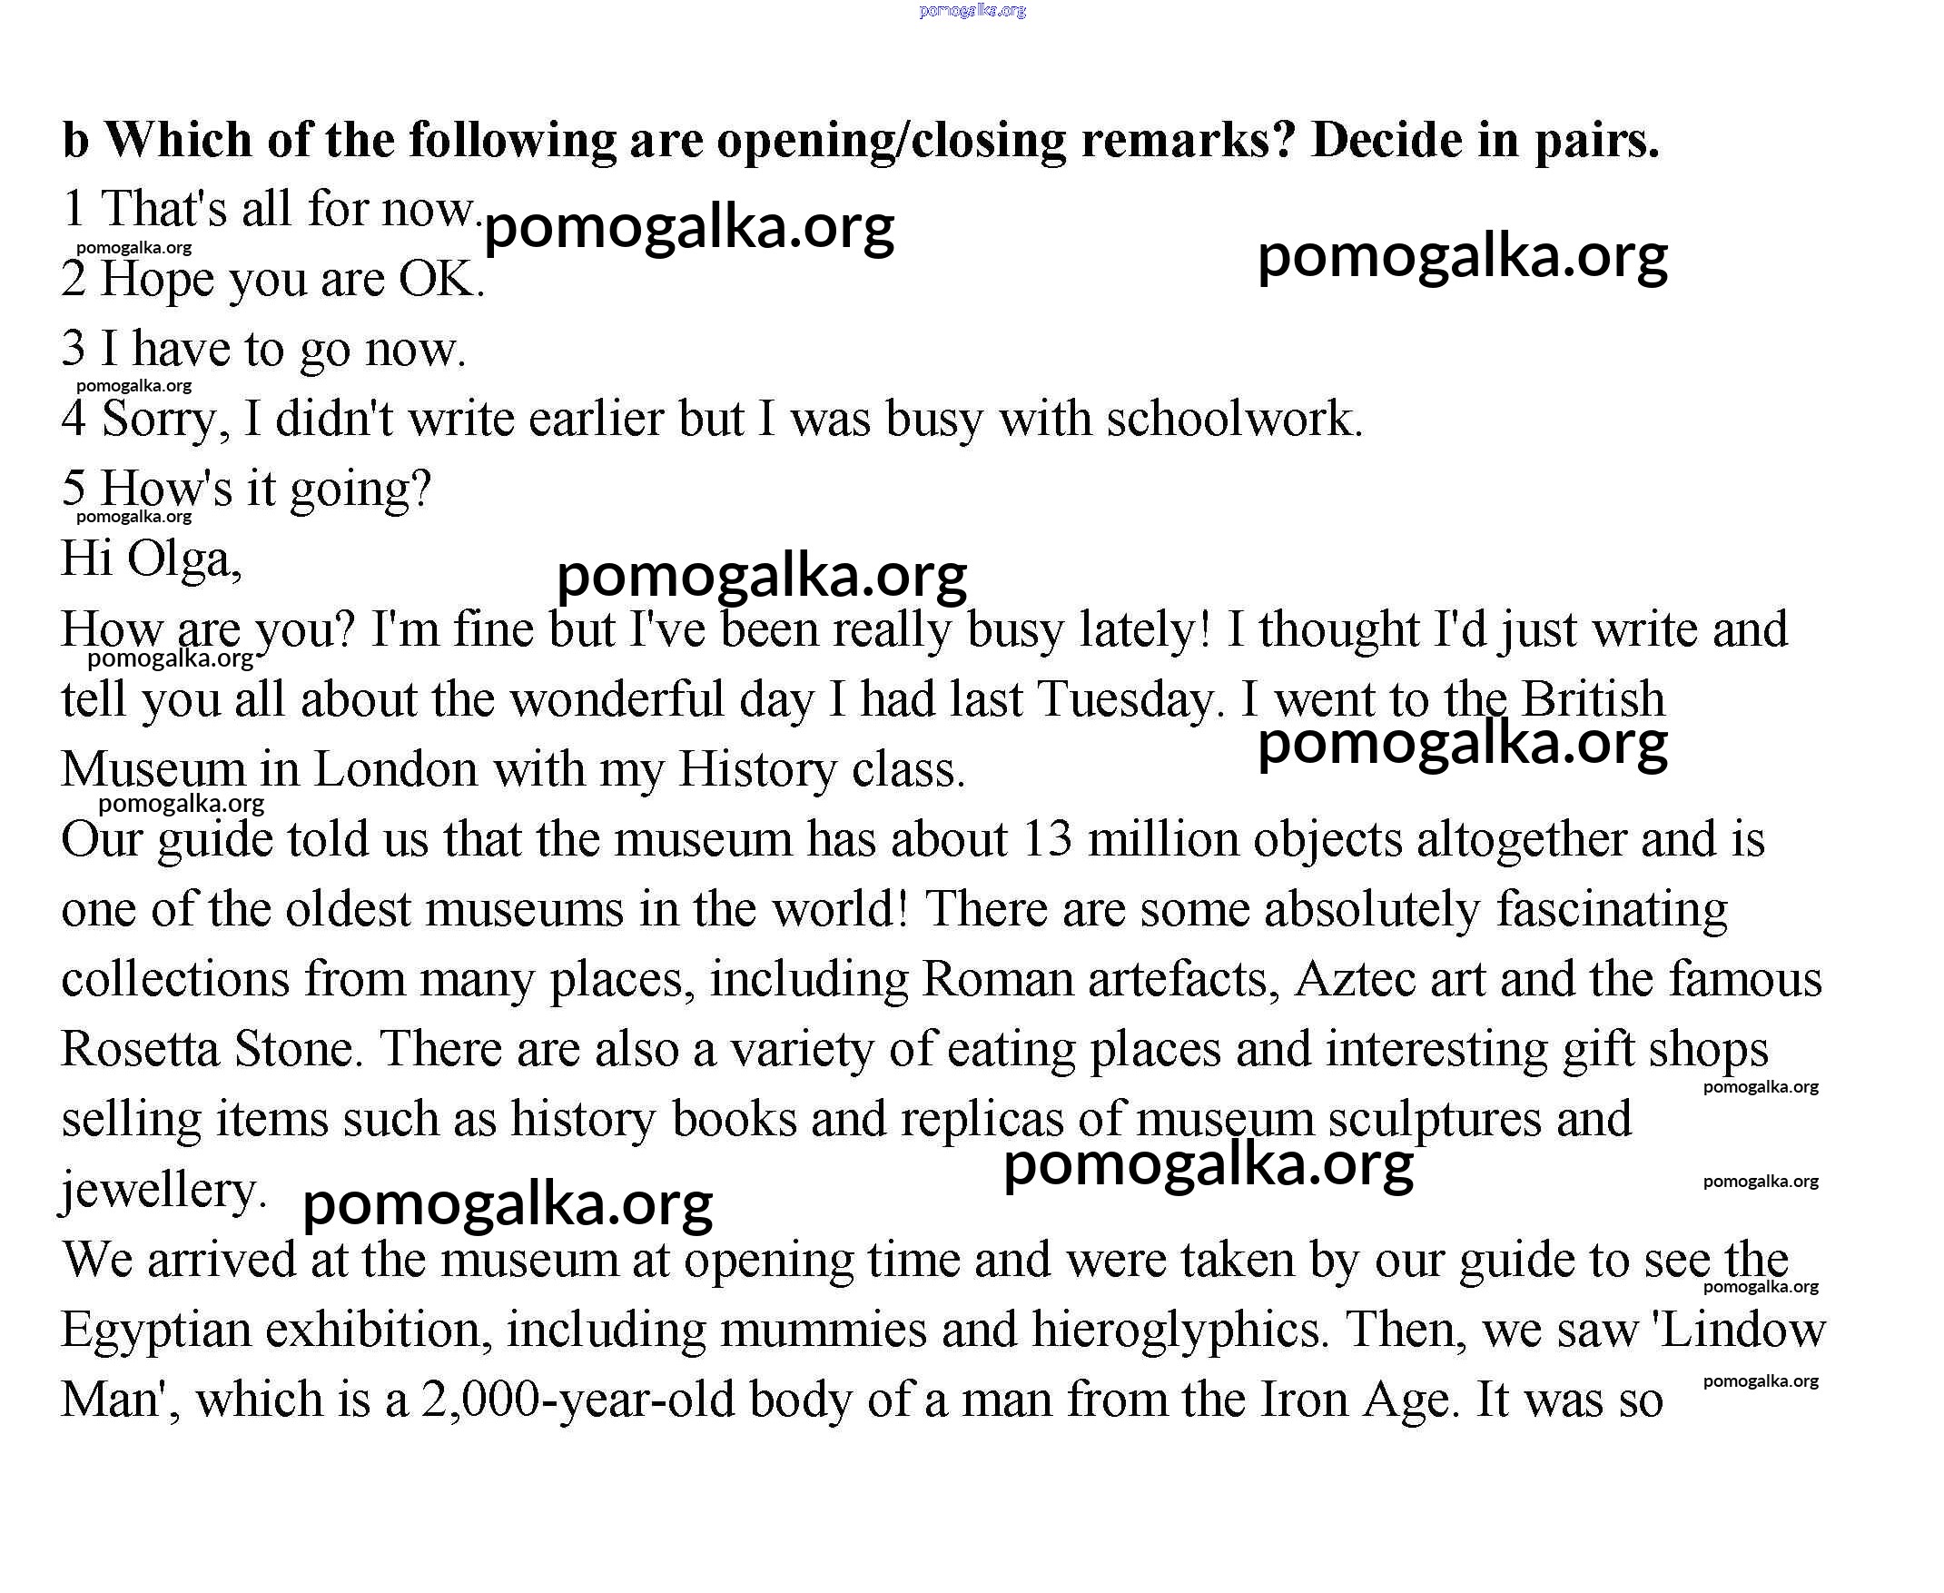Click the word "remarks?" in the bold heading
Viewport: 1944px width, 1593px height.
[x=1187, y=141]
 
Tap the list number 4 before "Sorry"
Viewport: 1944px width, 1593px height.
[x=74, y=419]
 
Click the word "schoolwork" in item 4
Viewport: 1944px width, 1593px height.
[x=1233, y=419]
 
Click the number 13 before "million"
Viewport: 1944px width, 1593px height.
[x=1047, y=838]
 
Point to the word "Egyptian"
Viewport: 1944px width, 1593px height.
[x=156, y=1330]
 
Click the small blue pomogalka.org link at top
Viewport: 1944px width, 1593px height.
[x=972, y=11]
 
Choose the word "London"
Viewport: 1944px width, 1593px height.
[x=395, y=769]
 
